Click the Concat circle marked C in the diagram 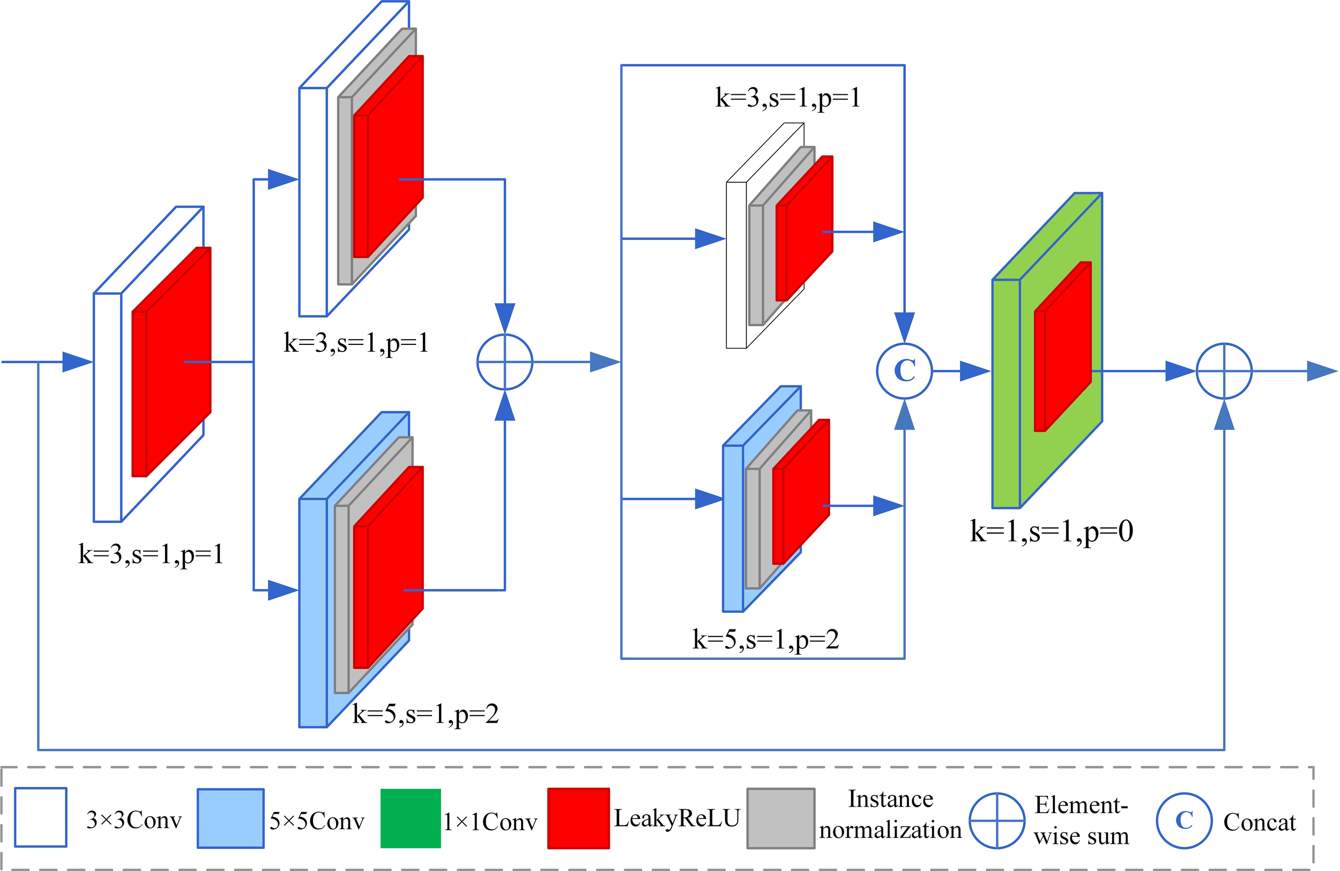pos(904,371)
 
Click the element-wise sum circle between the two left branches pos(504,362)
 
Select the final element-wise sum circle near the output pos(1224,371)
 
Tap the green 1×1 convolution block pos(1006,394)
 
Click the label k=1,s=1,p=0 pos(1051,531)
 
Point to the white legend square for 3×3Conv pos(41,817)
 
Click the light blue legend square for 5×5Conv pos(230,817)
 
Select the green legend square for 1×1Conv pos(411,817)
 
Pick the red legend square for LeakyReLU pos(578,817)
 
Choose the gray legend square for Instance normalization pos(780,817)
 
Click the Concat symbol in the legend pos(1183,820)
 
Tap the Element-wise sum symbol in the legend pos(996,820)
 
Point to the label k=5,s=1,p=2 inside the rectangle pos(766,639)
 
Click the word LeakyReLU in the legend pos(676,817)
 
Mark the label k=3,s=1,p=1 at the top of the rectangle pos(788,98)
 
